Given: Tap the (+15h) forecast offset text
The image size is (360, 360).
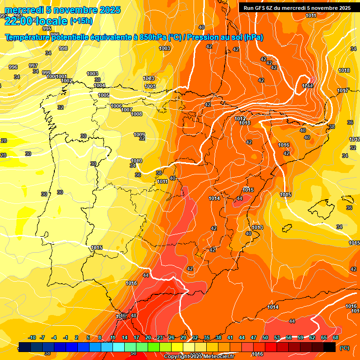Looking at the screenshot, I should point(81,21).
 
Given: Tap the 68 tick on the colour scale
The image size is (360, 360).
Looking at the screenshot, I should point(336,338).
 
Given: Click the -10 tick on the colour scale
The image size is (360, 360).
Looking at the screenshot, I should point(32,338).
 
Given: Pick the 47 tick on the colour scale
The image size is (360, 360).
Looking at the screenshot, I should point(254,338).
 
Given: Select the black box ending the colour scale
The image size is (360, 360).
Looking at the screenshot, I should point(330,347).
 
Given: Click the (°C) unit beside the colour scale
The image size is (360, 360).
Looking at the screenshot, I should point(344,348).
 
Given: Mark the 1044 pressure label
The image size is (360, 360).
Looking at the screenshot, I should point(308,86).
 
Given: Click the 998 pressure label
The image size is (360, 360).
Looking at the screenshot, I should point(63,48).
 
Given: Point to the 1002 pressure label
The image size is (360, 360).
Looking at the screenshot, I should point(67,81).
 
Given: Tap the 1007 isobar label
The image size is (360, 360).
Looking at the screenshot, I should point(127,110).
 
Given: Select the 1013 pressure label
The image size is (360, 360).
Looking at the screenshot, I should point(257,227).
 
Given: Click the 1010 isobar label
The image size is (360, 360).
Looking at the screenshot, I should point(136,161).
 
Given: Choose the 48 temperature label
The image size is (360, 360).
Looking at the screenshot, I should point(134,315).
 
